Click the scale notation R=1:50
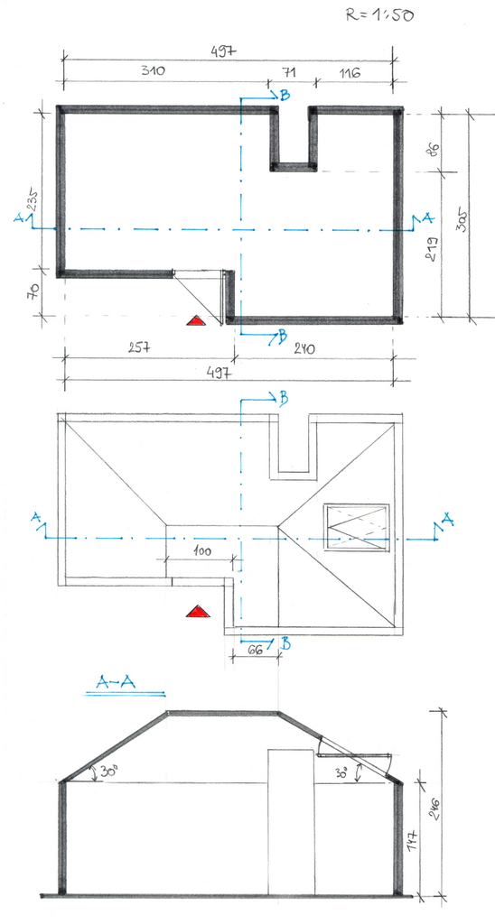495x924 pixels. coord(379,14)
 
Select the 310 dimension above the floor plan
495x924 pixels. coord(153,71)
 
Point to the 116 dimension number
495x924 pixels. coord(350,72)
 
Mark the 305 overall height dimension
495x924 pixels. coord(463,219)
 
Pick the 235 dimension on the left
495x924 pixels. coord(33,199)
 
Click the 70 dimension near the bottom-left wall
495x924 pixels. coord(33,291)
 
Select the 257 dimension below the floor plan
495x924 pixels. coord(139,347)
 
